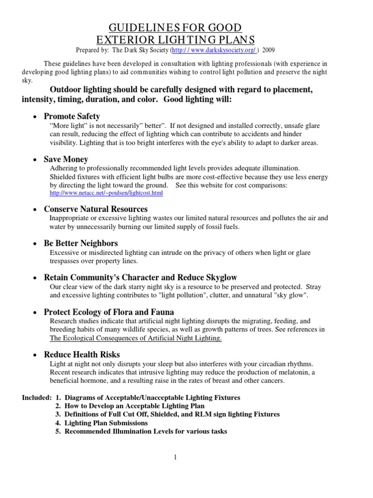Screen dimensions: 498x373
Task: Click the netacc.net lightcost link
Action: [106, 193]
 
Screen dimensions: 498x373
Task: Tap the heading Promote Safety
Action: [72, 116]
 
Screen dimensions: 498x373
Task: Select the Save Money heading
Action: [66, 159]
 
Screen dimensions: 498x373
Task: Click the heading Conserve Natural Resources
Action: [96, 209]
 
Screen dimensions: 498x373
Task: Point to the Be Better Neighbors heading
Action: [81, 243]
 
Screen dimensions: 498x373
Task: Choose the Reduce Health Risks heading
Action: [82, 355]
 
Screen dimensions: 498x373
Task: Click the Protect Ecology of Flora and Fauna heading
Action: [109, 312]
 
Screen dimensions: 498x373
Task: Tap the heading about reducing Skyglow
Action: [140, 277]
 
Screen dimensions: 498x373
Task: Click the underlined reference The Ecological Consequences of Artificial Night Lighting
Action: [136, 338]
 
